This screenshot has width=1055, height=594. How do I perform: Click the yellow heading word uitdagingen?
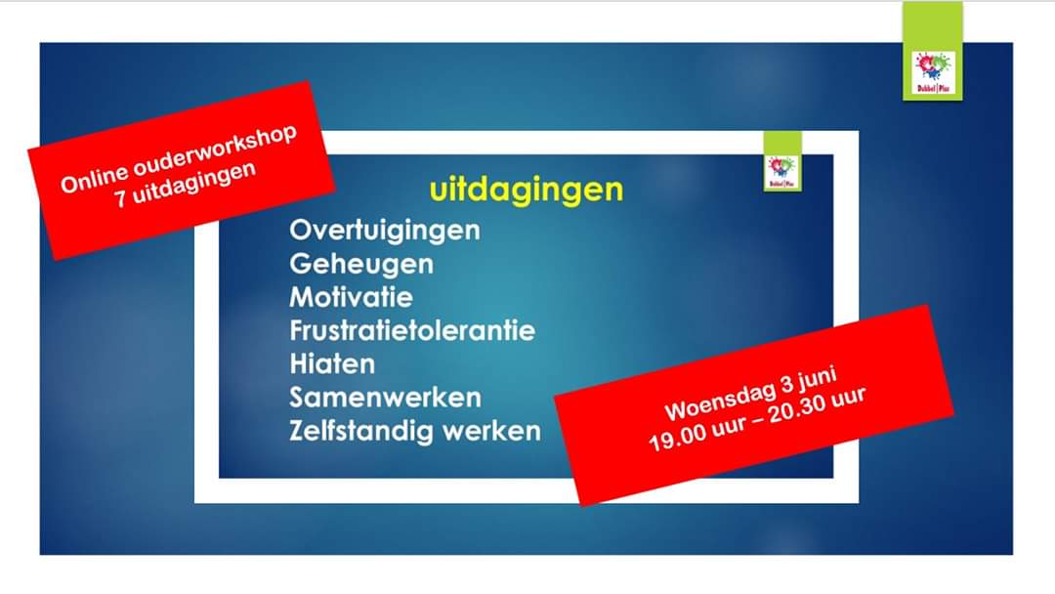(526, 189)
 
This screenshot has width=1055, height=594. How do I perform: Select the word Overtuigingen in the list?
(385, 232)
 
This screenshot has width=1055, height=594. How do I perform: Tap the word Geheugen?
(361, 265)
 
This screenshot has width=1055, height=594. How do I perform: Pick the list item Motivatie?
(351, 297)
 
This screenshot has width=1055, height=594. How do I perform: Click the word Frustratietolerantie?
(412, 330)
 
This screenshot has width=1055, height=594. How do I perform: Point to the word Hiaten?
(332, 363)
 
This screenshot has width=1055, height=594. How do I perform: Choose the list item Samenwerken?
(385, 398)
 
